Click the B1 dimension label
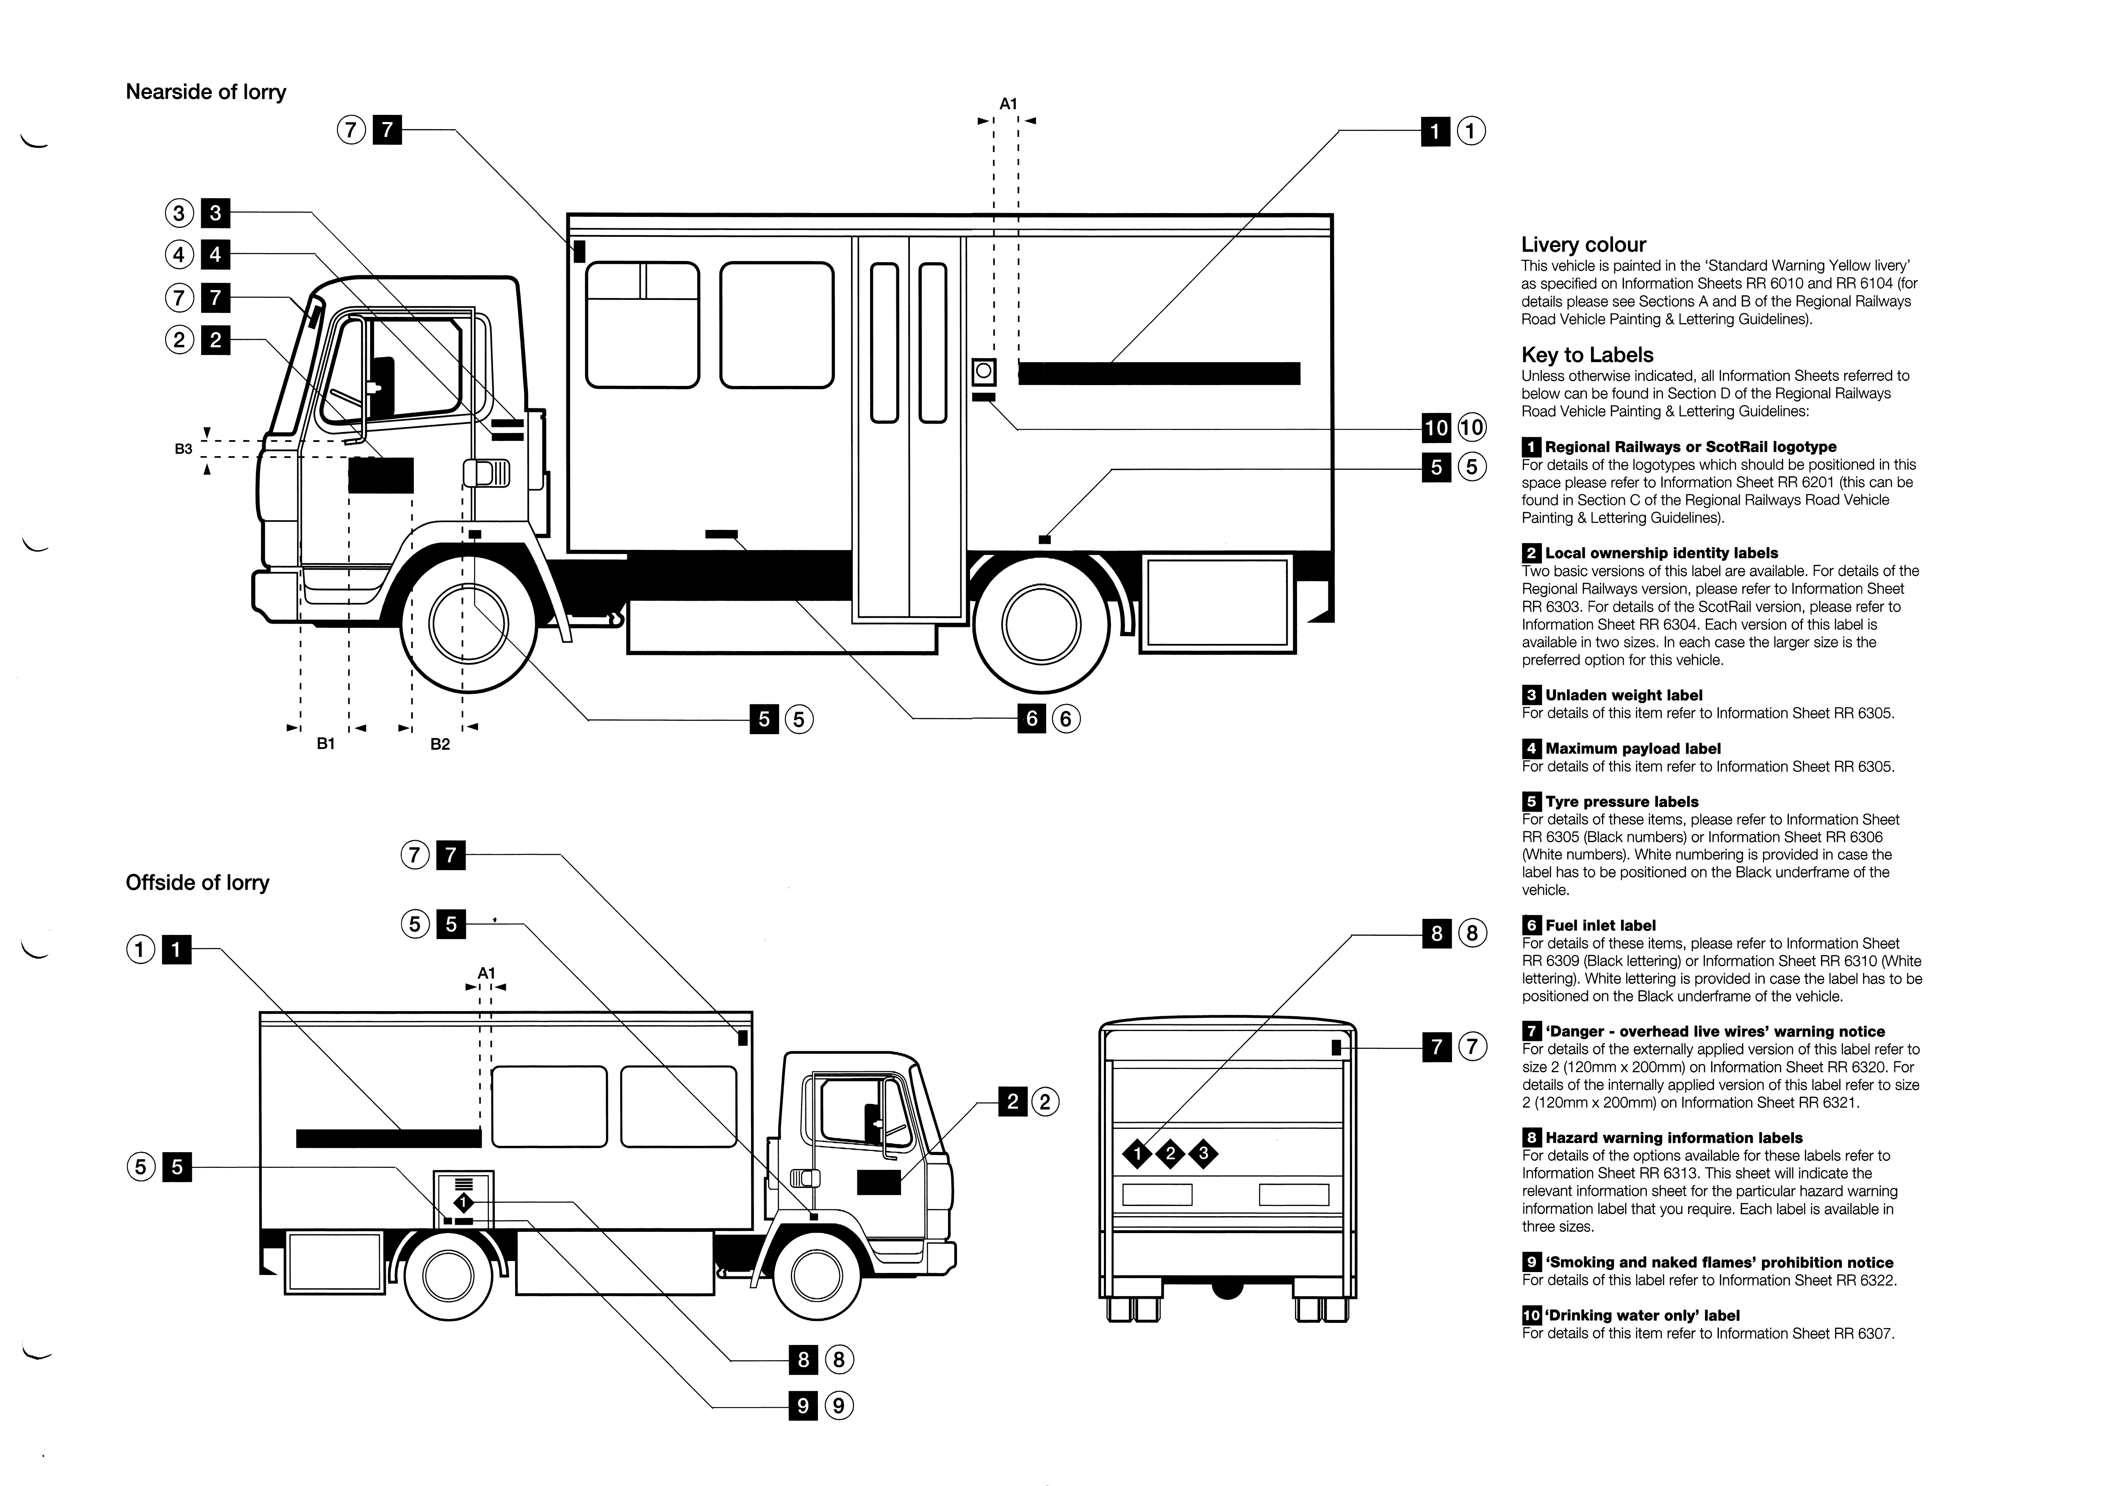click(326, 744)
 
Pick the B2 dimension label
click(440, 744)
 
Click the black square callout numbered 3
click(215, 213)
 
